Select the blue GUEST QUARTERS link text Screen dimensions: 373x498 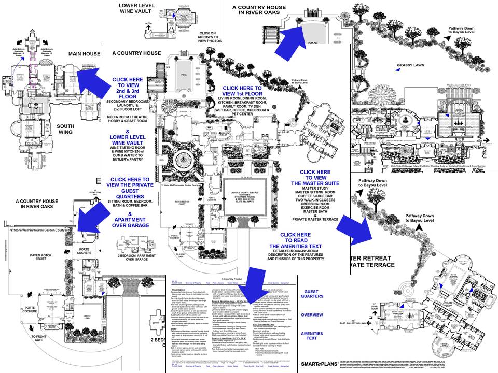(319, 295)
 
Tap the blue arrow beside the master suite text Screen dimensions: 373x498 (357, 228)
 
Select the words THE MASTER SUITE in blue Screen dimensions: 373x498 (315, 183)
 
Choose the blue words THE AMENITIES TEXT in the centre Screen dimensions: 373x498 (302, 246)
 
